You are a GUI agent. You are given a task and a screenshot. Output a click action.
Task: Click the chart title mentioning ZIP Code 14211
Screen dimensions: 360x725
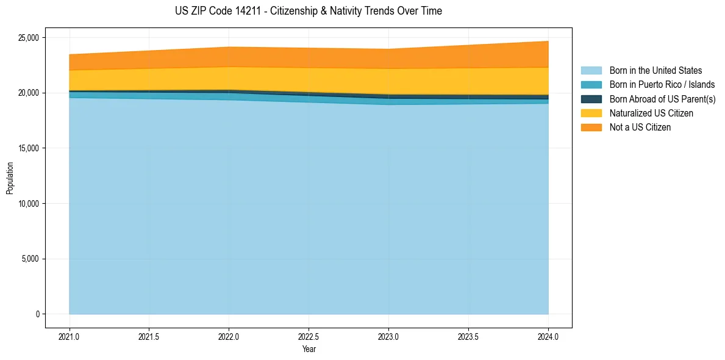click(308, 11)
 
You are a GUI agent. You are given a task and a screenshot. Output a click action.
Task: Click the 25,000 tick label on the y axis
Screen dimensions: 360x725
click(29, 38)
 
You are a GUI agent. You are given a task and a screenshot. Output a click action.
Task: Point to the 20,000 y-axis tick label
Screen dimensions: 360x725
click(29, 93)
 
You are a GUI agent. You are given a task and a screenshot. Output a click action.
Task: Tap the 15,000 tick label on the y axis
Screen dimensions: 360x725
click(29, 148)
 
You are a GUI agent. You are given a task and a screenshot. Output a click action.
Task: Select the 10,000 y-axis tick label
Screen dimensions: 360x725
click(29, 203)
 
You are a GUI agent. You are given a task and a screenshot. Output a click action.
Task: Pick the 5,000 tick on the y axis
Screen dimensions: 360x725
click(30, 259)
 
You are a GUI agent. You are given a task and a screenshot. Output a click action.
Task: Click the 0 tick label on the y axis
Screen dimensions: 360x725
click(37, 314)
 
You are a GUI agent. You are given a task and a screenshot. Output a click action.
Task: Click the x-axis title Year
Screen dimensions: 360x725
click(309, 349)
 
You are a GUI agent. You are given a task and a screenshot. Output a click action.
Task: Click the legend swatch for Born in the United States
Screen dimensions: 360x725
click(591, 71)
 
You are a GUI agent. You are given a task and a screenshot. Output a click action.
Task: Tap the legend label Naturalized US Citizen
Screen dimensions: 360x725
click(651, 113)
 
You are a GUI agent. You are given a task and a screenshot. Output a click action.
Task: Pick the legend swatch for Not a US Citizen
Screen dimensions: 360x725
click(591, 127)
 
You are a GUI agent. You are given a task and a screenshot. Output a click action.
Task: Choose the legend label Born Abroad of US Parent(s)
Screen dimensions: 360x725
click(662, 99)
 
